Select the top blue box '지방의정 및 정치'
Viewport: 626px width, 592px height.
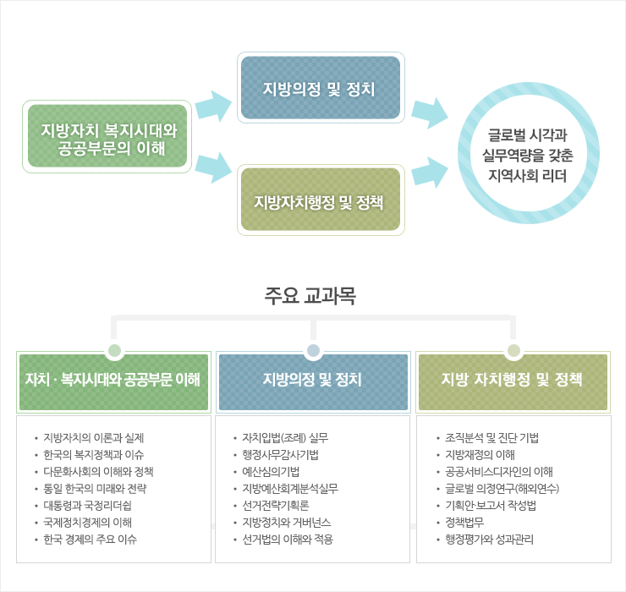pyautogui.click(x=320, y=89)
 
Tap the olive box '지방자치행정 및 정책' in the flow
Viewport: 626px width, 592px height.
pyautogui.click(x=320, y=200)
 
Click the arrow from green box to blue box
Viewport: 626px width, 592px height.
pyautogui.click(x=212, y=107)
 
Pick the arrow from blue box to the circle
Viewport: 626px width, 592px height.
pyautogui.click(x=429, y=112)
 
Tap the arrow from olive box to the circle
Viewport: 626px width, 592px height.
pyautogui.click(x=429, y=172)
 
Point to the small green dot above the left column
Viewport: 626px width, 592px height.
pyautogui.click(x=113, y=350)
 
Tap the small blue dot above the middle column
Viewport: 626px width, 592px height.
pyautogui.click(x=313, y=350)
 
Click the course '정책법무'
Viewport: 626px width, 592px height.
pyautogui.click(x=464, y=523)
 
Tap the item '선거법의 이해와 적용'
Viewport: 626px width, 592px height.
pyautogui.click(x=288, y=540)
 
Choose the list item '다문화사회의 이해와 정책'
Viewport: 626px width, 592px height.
pyautogui.click(x=98, y=472)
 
